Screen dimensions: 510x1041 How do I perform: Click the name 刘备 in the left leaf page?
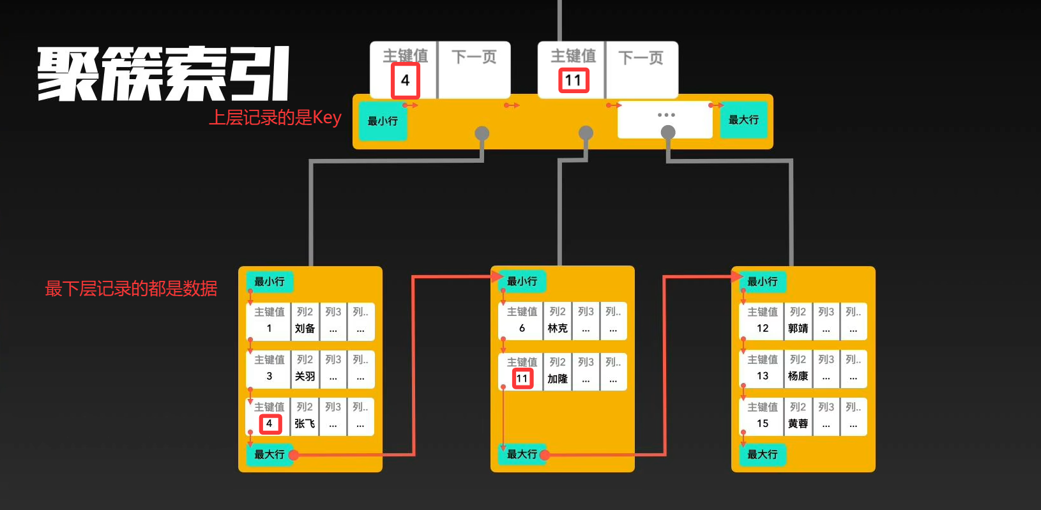tap(305, 329)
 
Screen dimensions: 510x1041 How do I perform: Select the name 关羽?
tap(305, 377)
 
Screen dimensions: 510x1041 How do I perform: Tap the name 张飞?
tap(305, 424)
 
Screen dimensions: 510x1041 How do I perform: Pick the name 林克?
tap(557, 329)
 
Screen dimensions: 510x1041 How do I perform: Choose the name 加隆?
tap(557, 379)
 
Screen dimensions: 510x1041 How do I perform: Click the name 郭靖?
tap(798, 329)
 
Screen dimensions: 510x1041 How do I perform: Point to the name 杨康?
tap(798, 377)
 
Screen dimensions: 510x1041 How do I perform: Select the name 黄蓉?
tap(798, 424)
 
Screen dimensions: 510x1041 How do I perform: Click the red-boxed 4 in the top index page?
tap(405, 81)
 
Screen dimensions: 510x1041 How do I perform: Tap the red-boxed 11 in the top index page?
tap(573, 81)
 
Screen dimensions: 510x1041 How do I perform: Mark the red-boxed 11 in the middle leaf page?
tap(522, 379)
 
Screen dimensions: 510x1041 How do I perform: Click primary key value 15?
tap(763, 424)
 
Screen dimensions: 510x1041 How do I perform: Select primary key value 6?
tap(522, 329)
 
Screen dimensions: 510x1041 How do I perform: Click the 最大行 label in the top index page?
tap(743, 120)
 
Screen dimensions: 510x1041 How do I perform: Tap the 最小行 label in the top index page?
tap(382, 121)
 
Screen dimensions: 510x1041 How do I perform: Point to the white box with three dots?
tap(665, 118)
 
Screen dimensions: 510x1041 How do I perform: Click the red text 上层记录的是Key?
tap(275, 118)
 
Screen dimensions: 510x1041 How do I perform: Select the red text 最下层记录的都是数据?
tap(131, 289)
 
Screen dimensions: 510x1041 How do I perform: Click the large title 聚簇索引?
tap(163, 75)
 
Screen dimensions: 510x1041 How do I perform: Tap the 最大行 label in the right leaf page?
tap(762, 454)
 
